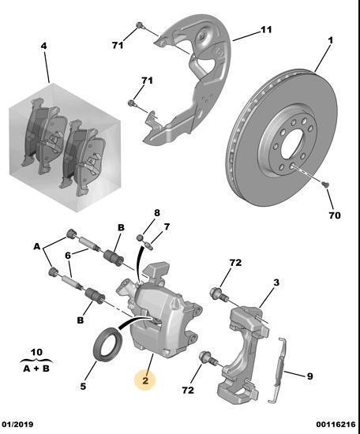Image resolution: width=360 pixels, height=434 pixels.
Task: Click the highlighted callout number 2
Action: [x=145, y=380]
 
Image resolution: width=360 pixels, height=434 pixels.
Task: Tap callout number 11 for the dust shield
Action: [x=266, y=30]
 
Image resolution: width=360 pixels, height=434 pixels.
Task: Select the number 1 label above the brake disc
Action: [x=330, y=40]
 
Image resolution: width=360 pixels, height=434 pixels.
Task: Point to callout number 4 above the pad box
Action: [x=43, y=46]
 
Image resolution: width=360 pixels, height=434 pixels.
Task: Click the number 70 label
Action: [x=335, y=215]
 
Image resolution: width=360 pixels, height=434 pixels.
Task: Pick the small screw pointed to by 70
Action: [x=325, y=184]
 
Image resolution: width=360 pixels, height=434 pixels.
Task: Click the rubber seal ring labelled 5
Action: [x=107, y=344]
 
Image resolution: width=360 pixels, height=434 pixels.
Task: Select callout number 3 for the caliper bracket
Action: [x=276, y=282]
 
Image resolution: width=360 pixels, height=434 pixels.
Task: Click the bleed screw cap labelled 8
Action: [x=141, y=238]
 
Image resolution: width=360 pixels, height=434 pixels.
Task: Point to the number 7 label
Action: [x=167, y=227]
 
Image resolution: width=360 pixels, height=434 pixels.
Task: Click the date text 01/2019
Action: [x=17, y=424]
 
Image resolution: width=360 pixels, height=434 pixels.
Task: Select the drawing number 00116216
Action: [x=336, y=425]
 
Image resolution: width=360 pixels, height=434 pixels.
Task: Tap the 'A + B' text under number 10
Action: [x=36, y=369]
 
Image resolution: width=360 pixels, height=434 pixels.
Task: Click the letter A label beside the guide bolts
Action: [x=37, y=246]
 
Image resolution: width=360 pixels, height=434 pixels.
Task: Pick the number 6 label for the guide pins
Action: [x=68, y=255]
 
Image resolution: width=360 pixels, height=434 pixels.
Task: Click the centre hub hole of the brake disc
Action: [x=294, y=144]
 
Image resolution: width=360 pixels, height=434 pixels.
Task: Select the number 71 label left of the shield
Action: [x=118, y=45]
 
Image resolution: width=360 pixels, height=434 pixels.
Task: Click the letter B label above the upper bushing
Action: [x=121, y=227]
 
